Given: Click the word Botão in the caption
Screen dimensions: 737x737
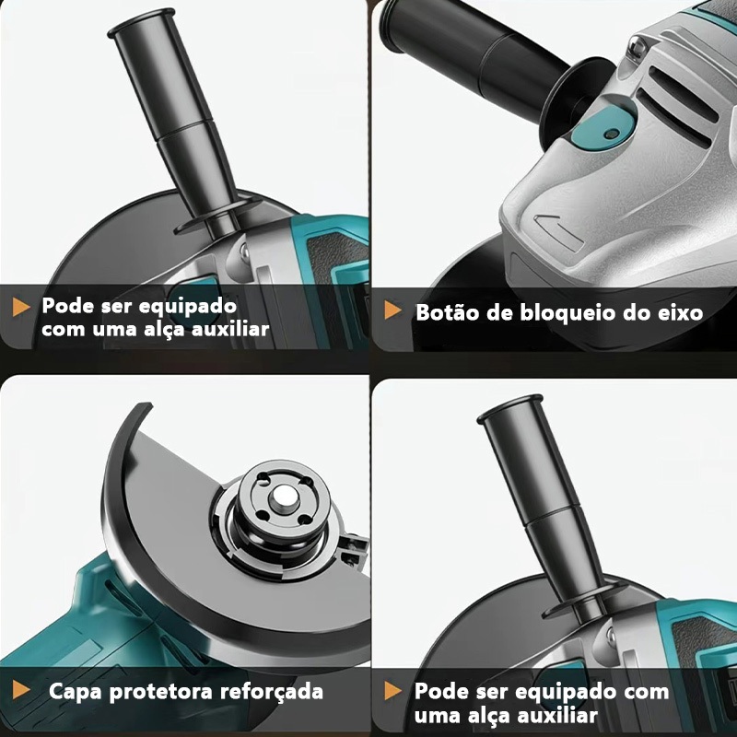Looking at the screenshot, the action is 446,312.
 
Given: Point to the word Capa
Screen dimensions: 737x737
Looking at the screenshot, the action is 76,692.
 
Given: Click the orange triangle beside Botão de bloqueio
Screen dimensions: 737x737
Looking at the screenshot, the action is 393,310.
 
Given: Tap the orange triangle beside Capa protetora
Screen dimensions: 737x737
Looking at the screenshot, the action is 21,689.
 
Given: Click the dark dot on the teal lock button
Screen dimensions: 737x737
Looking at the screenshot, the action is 611,134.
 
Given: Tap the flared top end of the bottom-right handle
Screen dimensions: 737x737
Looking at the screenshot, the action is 510,409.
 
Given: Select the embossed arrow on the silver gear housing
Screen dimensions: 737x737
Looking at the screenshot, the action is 559,230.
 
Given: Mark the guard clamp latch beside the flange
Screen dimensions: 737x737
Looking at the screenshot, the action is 355,549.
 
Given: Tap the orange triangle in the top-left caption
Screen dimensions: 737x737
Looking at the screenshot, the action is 21,307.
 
